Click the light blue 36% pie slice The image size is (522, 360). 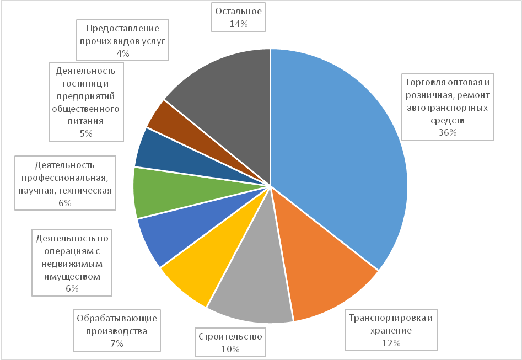coord(342,154)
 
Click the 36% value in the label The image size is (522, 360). coord(448,132)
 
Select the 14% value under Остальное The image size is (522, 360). coord(238,24)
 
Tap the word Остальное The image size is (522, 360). coord(238,11)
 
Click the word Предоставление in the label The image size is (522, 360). coord(123,29)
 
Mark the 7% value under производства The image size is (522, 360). coord(117,343)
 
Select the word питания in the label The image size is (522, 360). coord(85,121)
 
